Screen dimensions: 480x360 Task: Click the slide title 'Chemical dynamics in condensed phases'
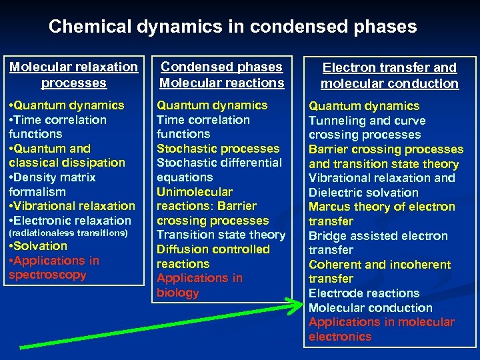(233, 27)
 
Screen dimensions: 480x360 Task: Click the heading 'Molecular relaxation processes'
(73, 75)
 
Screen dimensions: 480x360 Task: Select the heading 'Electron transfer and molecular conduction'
(389, 75)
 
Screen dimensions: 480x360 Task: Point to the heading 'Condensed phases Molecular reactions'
(221, 75)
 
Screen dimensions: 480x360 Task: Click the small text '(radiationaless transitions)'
(68, 233)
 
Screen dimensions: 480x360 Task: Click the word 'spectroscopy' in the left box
(47, 275)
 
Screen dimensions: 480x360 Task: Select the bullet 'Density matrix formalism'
(53, 184)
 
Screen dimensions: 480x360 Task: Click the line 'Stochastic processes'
(218, 148)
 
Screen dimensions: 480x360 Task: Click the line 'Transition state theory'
(221, 235)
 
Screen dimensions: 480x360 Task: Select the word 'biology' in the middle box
(178, 293)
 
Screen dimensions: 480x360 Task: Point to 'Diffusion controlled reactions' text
(213, 256)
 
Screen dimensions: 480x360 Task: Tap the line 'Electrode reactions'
(364, 293)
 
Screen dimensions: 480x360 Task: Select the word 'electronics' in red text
(340, 337)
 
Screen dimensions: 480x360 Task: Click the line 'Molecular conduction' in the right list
(371, 308)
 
